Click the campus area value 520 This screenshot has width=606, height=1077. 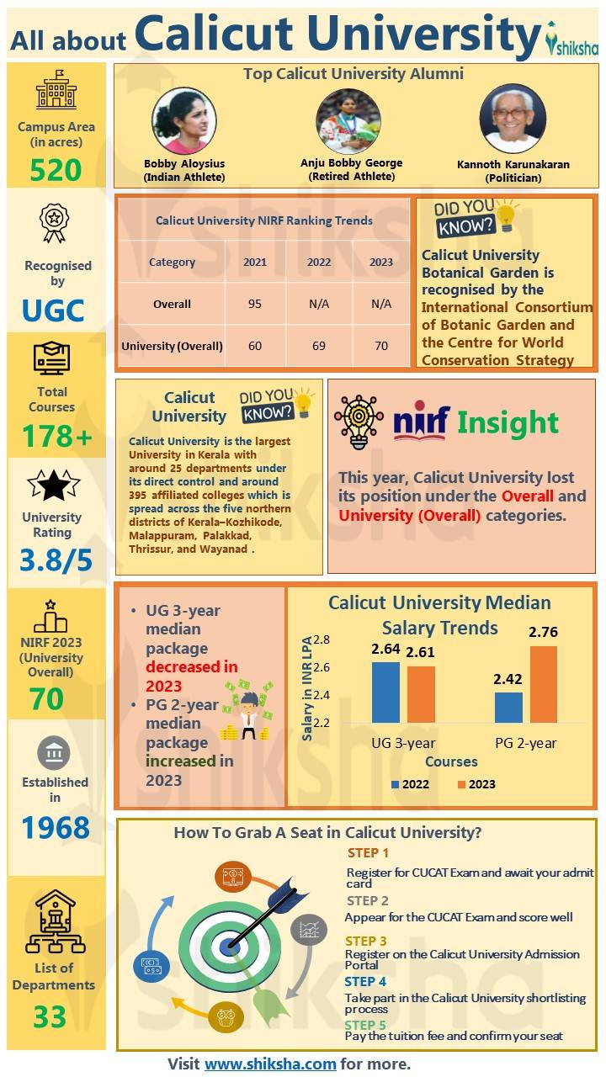(56, 171)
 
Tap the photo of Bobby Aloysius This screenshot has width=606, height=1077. (183, 121)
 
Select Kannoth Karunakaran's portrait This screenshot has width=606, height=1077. (512, 119)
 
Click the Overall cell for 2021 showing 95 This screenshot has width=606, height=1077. (255, 304)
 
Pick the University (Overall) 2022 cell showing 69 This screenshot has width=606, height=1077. (319, 345)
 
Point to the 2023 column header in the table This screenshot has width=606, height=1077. (381, 262)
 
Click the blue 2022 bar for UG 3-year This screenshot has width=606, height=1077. (386, 692)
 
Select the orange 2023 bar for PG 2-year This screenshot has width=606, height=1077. (544, 685)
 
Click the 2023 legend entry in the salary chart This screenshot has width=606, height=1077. (476, 784)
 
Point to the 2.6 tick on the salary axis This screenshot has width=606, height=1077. (321, 667)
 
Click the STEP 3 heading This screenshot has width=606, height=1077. (366, 941)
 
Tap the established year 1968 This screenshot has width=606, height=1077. (56, 829)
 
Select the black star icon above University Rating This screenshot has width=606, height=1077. (53, 485)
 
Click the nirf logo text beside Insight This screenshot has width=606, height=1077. (422, 422)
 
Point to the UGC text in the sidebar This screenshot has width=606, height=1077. (53, 310)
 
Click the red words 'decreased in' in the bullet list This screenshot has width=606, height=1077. (192, 667)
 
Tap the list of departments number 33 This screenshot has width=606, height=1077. (50, 1016)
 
